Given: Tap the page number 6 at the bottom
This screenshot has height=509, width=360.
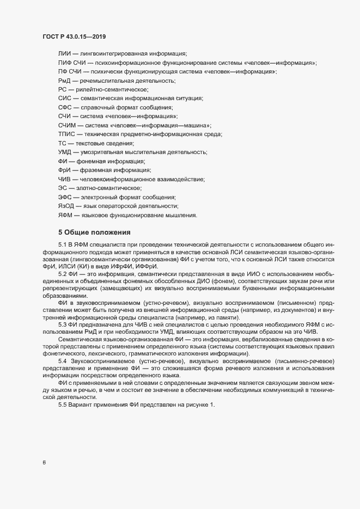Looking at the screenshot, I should tap(44, 463).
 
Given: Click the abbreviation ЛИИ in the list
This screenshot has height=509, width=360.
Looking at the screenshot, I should tap(64, 54).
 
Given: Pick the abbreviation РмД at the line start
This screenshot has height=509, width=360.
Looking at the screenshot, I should tap(64, 81).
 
